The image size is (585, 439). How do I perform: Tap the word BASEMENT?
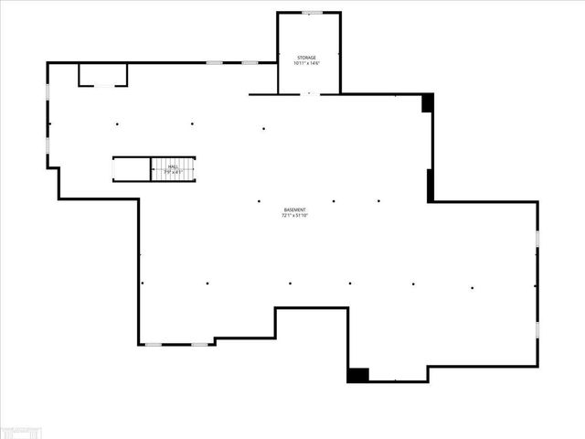(293, 210)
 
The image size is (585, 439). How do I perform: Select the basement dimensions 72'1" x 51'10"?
(293, 217)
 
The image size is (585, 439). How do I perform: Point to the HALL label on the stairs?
(174, 166)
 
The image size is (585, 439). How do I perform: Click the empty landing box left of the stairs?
(132, 169)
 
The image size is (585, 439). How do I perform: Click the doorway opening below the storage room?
(310, 93)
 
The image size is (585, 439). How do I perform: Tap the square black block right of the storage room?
(427, 102)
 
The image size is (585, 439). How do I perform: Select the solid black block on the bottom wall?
(357, 375)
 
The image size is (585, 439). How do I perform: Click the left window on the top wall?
(215, 62)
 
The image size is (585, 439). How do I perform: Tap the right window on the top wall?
(250, 62)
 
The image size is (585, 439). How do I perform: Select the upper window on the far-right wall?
(537, 238)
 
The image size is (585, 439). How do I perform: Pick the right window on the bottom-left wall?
(198, 344)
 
